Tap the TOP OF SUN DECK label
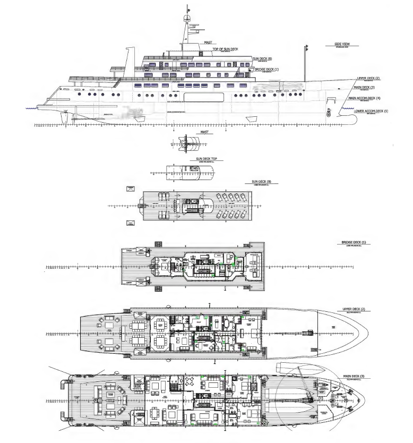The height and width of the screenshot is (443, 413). click(226, 49)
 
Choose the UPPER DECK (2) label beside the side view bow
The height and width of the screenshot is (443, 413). click(368, 78)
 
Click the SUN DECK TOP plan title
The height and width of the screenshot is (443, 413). click(206, 159)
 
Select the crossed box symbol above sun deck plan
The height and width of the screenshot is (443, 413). click(130, 189)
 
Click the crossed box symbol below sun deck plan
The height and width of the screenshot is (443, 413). click(130, 223)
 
